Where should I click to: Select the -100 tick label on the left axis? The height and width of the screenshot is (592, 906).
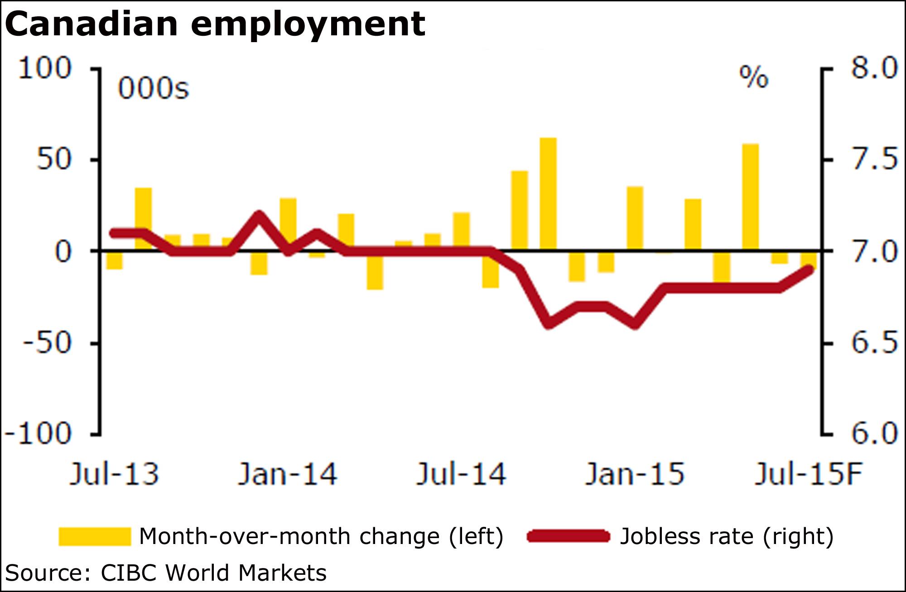tap(38, 434)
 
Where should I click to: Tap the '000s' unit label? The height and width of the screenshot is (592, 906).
tap(153, 88)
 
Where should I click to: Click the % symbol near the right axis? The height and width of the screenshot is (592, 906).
tap(754, 77)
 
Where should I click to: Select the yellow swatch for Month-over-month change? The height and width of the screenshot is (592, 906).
tap(94, 536)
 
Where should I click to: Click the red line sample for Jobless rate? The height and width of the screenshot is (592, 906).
tap(569, 536)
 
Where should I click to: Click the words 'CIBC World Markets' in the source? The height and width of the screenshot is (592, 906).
tap(213, 573)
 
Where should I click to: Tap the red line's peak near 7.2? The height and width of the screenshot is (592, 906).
tap(259, 215)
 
